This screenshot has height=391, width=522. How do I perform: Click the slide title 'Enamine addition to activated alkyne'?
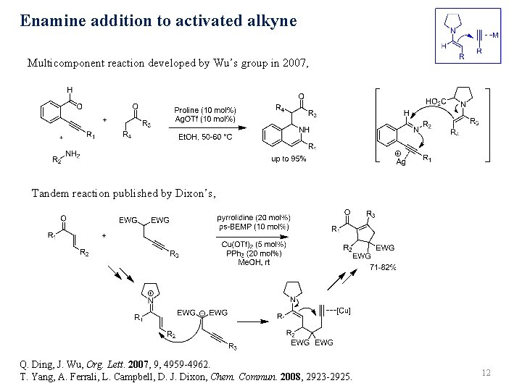[x=158, y=20]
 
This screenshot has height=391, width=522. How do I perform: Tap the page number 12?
[x=486, y=372]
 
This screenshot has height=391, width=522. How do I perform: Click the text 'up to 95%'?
[x=289, y=159]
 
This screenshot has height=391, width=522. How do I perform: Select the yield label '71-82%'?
[x=383, y=267]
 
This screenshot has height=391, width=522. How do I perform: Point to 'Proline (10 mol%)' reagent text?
[x=205, y=110]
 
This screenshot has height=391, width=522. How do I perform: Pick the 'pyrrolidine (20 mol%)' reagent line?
[x=254, y=216]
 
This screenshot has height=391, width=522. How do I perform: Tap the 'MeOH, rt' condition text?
[x=253, y=261]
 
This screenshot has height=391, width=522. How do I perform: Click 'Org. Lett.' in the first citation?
[x=122, y=363]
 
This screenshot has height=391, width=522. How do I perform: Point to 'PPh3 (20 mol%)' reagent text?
[x=253, y=253]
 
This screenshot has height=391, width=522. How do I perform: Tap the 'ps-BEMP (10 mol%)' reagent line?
[x=254, y=226]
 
